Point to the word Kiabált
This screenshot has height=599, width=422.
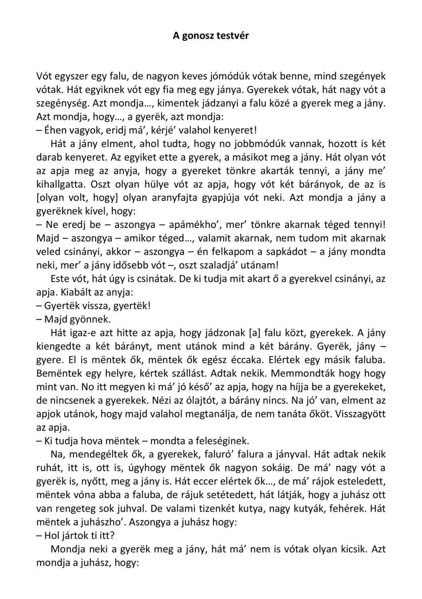coord(75,292)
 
